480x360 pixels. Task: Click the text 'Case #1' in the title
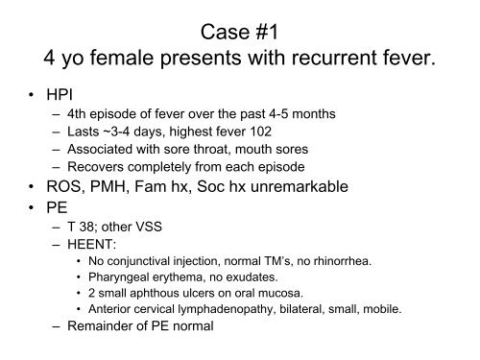pyautogui.click(x=240, y=28)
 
